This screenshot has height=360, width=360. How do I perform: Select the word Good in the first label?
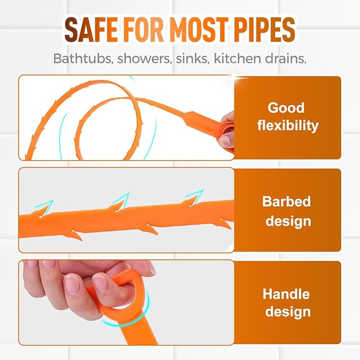tap(286, 108)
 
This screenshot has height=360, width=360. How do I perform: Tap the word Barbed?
tap(286, 201)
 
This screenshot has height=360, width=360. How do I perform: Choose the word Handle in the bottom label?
tap(286, 294)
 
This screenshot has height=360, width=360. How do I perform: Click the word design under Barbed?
tap(286, 220)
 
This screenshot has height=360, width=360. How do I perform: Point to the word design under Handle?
tap(286, 312)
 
